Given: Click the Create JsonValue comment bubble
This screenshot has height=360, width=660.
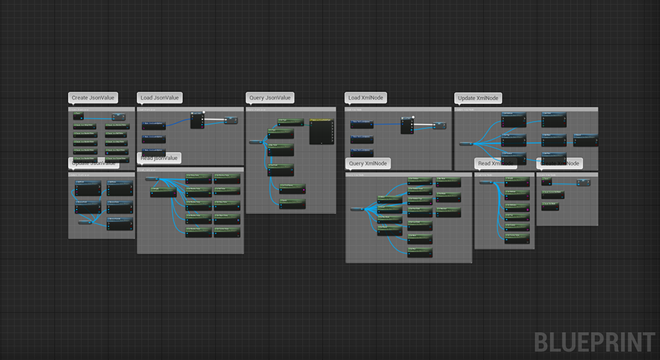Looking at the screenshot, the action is (x=93, y=97).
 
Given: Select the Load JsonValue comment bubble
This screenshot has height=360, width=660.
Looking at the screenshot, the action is (x=159, y=97).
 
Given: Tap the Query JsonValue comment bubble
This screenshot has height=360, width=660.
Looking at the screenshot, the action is (x=269, y=97).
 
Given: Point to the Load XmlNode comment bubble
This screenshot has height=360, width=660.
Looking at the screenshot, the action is (x=366, y=97).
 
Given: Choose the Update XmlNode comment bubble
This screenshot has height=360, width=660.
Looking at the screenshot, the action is (x=478, y=97).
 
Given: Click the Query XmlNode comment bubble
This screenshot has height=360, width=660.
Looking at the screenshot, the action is (x=368, y=163).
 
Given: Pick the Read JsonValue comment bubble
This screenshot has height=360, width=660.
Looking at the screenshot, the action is (x=159, y=158).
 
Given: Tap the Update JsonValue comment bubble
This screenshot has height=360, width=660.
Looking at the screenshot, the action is (x=93, y=163).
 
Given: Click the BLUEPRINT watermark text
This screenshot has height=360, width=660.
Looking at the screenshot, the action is (x=594, y=342).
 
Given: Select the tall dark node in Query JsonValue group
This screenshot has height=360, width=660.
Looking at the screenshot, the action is (x=321, y=131).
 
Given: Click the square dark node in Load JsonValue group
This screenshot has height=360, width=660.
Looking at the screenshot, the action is (x=197, y=120).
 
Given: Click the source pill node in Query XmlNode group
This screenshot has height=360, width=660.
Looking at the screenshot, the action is (x=360, y=210).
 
